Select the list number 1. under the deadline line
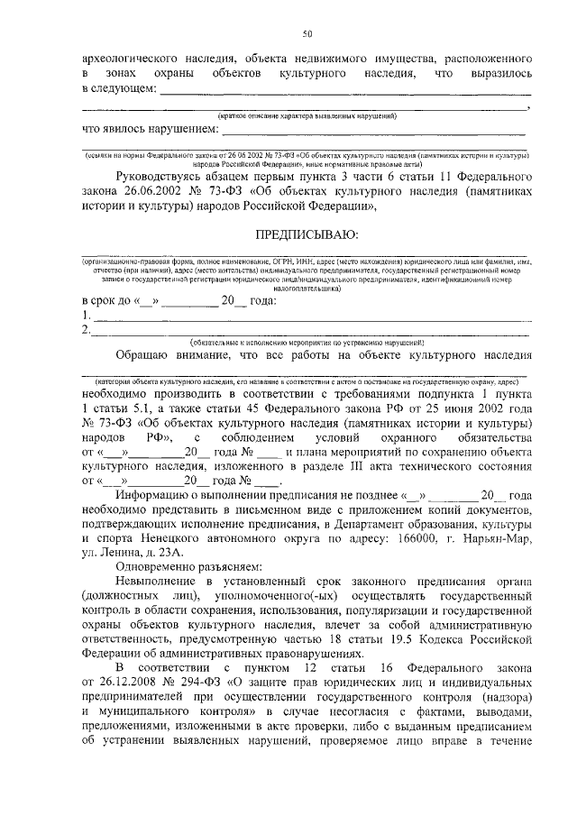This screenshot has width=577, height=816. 85,316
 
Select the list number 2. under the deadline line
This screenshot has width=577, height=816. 85,330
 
